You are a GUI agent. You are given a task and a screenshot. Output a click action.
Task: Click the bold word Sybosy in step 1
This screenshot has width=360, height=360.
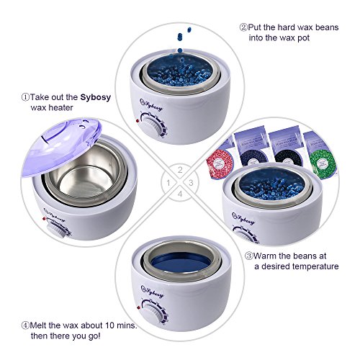[95, 98]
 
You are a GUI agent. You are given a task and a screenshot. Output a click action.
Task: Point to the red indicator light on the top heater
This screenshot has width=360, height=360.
[138, 121]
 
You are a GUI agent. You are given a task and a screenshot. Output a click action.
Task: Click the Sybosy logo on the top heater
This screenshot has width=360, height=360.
[151, 105]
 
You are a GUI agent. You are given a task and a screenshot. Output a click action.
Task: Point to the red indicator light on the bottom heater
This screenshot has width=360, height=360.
[138, 307]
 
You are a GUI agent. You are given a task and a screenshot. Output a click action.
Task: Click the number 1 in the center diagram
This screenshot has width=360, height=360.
[168, 183]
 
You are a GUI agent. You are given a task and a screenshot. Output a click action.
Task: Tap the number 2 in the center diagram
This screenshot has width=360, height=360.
[180, 170]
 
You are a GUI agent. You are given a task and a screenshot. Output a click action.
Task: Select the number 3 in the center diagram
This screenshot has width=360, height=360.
[191, 183]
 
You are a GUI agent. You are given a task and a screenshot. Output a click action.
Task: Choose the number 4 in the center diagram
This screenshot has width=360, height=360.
[180, 194]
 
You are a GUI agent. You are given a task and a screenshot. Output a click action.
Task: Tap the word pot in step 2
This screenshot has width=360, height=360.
[303, 38]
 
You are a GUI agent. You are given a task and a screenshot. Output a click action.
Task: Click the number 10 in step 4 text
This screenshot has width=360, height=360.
[109, 325]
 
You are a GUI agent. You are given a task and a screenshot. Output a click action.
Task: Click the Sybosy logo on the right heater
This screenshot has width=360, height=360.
[243, 218]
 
